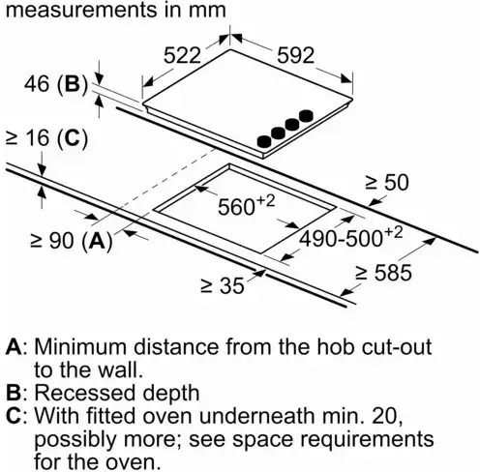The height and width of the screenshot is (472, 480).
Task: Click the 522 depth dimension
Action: click(x=182, y=55)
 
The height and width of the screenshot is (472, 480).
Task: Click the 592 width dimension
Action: click(x=295, y=55)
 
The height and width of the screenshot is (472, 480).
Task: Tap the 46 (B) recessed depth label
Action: click(x=56, y=84)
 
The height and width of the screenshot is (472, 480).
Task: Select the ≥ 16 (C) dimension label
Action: click(x=47, y=138)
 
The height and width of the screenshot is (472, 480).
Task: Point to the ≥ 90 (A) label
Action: click(x=72, y=240)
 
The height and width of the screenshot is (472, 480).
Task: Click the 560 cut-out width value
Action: click(x=247, y=205)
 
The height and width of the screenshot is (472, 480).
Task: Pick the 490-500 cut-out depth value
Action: click(x=351, y=237)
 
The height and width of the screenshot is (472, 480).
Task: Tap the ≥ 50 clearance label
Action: click(x=387, y=182)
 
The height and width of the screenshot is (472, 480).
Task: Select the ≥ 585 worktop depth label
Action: click(x=383, y=273)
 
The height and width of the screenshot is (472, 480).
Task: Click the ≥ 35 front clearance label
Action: click(x=223, y=285)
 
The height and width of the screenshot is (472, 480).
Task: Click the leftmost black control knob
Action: click(x=264, y=142)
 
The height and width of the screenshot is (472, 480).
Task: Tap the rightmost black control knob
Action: click(x=306, y=115)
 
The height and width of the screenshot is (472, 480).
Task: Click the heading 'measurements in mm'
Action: click(x=116, y=10)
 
